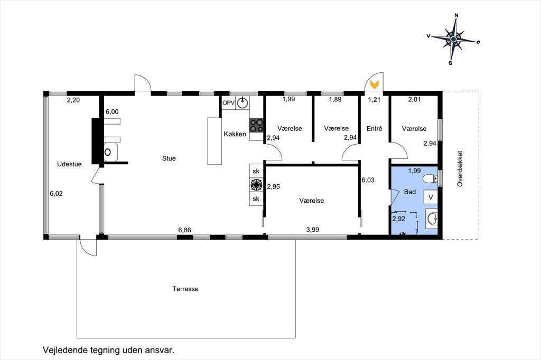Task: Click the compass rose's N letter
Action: (456, 15)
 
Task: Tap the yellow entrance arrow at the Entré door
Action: (375, 84)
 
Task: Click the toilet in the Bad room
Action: (431, 178)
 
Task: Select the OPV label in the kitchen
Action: (228, 103)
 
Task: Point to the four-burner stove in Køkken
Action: (256, 126)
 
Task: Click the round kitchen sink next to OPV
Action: (243, 102)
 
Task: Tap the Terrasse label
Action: (185, 289)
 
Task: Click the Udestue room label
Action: (69, 164)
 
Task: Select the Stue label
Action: (169, 158)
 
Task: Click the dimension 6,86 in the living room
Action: (184, 230)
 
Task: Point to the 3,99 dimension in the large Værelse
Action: (313, 230)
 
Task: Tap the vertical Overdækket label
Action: (460, 169)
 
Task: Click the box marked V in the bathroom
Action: (431, 197)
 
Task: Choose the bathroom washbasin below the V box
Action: (432, 219)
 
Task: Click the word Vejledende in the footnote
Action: (64, 350)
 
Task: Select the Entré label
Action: (375, 129)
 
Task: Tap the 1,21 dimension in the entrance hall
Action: (374, 100)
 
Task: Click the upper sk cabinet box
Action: (256, 171)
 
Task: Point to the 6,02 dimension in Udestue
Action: (56, 194)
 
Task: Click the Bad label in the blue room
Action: (410, 192)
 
